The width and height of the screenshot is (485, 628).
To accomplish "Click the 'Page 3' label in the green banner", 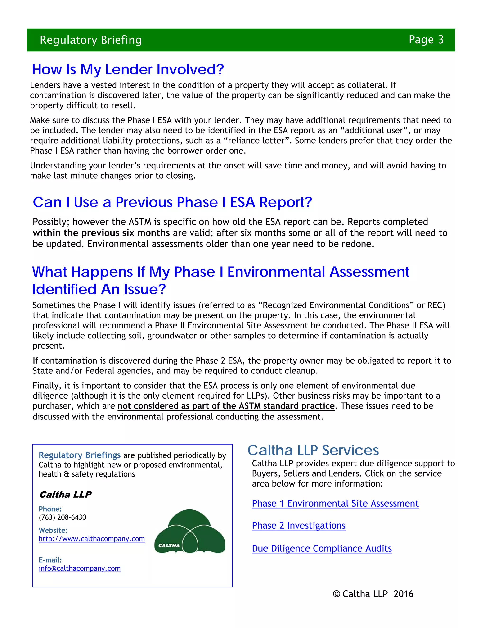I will (x=426, y=40).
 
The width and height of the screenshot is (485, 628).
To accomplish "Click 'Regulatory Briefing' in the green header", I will (x=91, y=40).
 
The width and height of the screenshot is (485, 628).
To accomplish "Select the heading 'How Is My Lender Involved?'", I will (x=128, y=70).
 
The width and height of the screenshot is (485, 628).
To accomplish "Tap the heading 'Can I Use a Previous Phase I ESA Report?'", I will (x=172, y=202).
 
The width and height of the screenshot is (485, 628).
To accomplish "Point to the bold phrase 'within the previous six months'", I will (x=101, y=233).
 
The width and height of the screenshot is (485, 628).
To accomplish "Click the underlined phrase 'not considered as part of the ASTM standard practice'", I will (x=226, y=406).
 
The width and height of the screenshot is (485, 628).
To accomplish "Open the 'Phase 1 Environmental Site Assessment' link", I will (x=335, y=504).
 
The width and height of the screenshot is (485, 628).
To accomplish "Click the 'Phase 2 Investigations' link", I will (x=299, y=526).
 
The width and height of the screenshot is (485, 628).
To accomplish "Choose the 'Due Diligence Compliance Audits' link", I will (x=322, y=549).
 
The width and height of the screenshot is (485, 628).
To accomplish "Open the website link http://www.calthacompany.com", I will (x=92, y=539).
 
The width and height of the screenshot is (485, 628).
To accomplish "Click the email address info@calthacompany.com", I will (x=80, y=569).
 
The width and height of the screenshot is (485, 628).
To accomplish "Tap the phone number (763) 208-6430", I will (x=62, y=517).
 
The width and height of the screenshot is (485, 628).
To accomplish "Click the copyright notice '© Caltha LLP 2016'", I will (x=373, y=594).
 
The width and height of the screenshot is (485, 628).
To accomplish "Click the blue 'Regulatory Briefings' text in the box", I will (x=80, y=455).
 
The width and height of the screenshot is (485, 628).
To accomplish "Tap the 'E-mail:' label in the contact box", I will (x=50, y=560).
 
